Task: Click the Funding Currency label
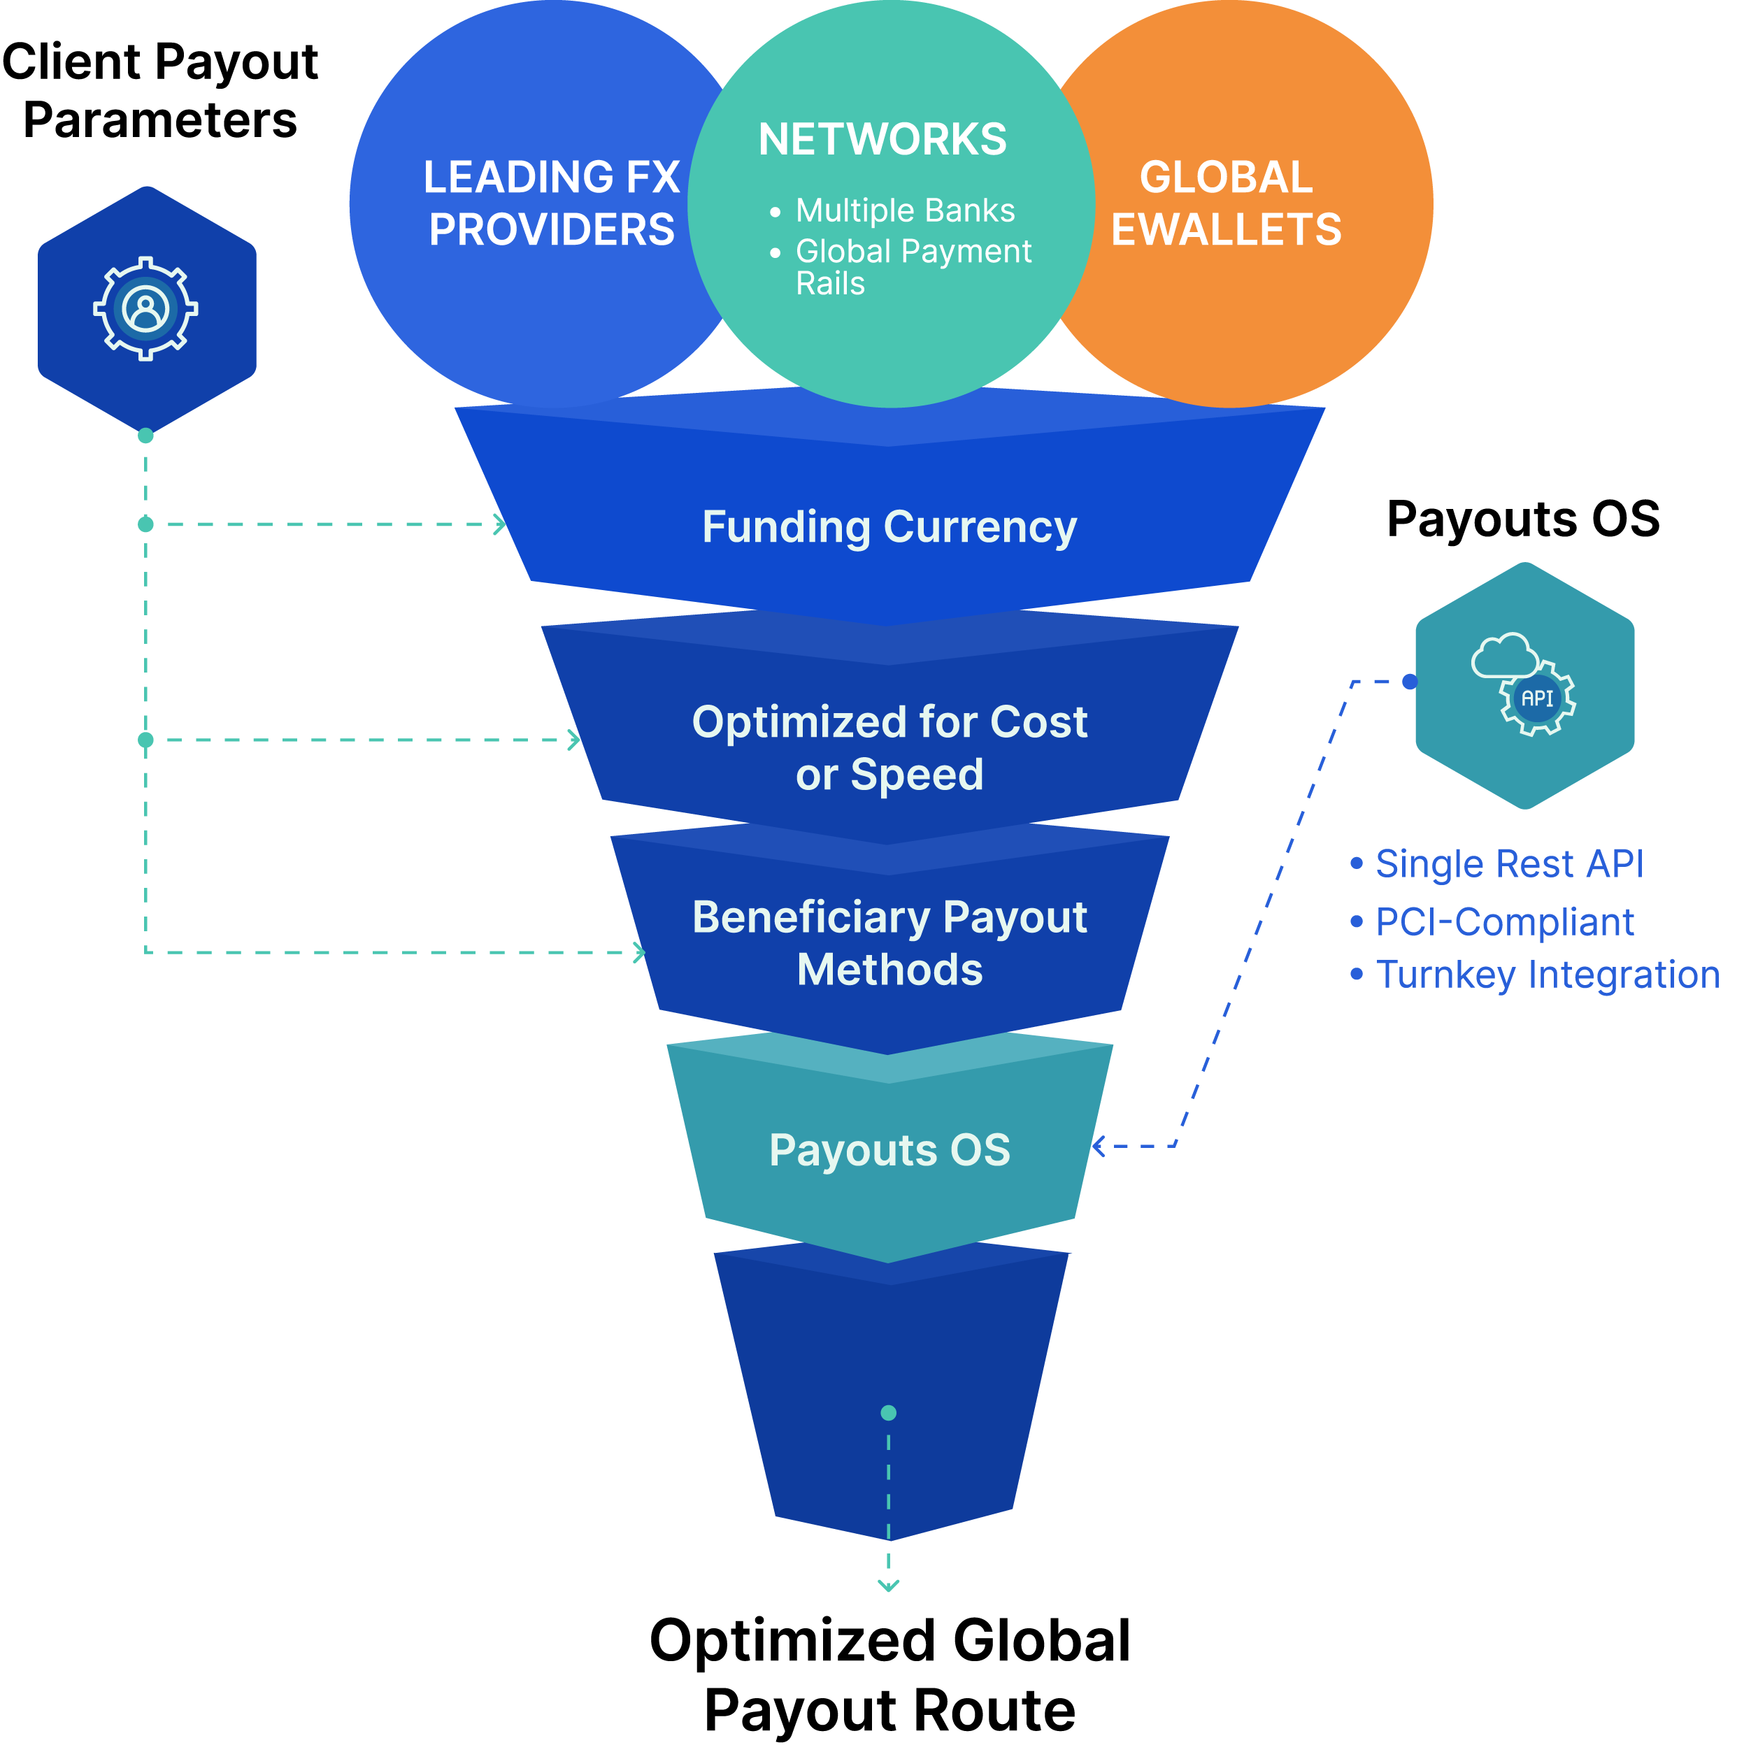(x=889, y=527)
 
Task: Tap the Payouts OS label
(x=889, y=1151)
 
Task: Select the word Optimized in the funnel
(x=799, y=723)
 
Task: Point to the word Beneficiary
(x=811, y=917)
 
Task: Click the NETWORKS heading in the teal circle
(x=882, y=140)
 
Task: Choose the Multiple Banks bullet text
(x=904, y=210)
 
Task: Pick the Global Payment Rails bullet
(x=912, y=266)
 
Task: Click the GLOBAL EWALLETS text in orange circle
(x=1227, y=203)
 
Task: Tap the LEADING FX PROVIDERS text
(x=552, y=203)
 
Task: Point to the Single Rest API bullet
(x=1509, y=863)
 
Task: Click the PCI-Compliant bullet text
(x=1504, y=922)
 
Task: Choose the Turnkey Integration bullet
(x=1547, y=975)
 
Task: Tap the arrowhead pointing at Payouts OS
(x=1098, y=1146)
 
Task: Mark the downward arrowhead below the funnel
(x=888, y=1586)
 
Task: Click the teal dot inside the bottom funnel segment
(x=888, y=1412)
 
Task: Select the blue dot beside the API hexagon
(x=1409, y=682)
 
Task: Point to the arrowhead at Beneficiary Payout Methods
(x=640, y=952)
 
